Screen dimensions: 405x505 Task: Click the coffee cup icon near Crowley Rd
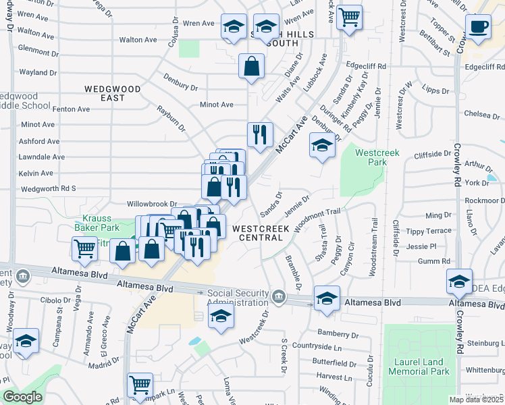478,28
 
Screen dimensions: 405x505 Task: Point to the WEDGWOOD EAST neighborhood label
113,93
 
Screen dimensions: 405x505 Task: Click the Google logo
22,397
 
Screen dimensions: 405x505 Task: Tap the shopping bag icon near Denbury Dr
251,67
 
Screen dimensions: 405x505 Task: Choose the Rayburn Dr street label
171,116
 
